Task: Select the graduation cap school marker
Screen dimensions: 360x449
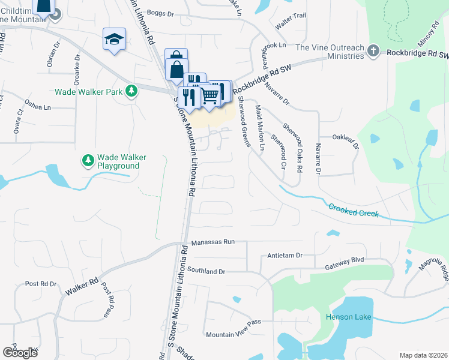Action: (x=113, y=40)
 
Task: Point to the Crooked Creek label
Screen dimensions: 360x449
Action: (x=354, y=210)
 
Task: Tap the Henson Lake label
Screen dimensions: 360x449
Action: (x=348, y=317)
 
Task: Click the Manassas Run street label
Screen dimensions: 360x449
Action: (x=211, y=243)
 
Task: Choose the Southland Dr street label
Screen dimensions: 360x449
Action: (x=205, y=271)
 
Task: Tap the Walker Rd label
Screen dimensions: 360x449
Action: (x=82, y=286)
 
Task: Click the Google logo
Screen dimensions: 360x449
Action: (x=20, y=352)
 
